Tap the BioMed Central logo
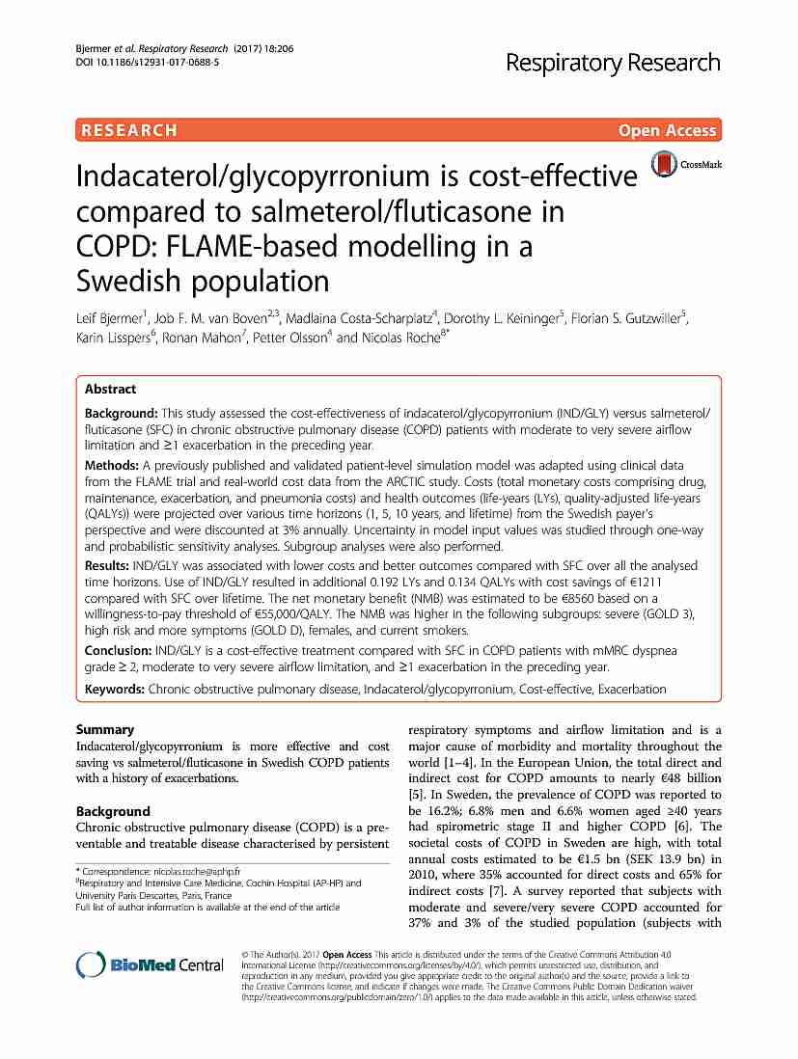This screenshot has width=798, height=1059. coord(150,964)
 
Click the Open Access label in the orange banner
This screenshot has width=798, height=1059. coord(668,130)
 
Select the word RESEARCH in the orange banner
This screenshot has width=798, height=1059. coord(129,130)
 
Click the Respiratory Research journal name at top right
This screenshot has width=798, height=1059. coord(613,63)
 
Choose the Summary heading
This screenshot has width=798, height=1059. coord(105,729)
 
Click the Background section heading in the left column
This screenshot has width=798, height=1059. coord(113,811)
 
